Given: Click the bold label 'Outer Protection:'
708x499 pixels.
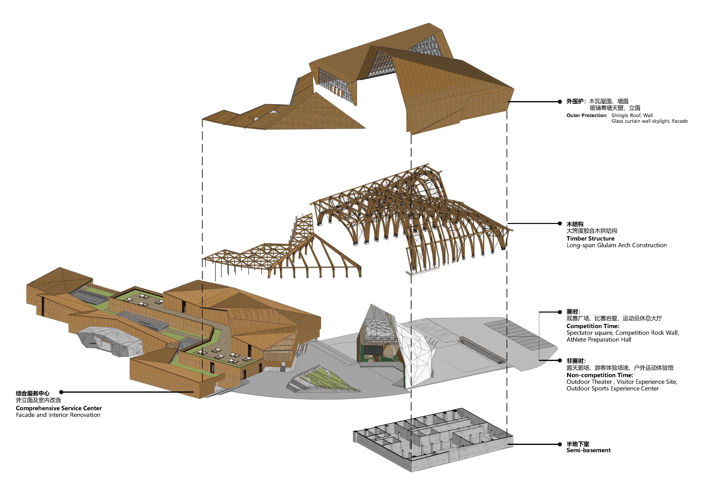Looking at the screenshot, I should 586,115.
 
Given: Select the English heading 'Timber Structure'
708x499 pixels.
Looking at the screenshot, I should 590,239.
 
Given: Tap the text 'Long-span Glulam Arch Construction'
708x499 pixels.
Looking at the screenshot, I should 616,246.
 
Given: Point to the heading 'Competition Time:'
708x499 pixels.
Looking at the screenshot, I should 593,326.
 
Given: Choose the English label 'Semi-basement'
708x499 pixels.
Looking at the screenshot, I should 588,450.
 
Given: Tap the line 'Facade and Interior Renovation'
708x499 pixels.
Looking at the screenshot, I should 58,415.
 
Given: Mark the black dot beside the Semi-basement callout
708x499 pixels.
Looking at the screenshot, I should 560,445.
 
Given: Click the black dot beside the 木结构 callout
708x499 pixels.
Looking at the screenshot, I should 560,224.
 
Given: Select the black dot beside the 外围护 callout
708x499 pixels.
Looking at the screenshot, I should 560,102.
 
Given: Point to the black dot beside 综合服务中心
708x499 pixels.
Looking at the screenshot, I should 61,392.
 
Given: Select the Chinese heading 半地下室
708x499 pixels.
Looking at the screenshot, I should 578,444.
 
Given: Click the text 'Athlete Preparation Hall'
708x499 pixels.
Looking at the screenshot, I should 599,340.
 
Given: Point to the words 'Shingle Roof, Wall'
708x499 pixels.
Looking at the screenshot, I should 632,115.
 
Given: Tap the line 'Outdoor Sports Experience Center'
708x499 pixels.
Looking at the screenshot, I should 612,389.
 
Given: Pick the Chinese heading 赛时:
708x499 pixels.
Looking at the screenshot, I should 573,312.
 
